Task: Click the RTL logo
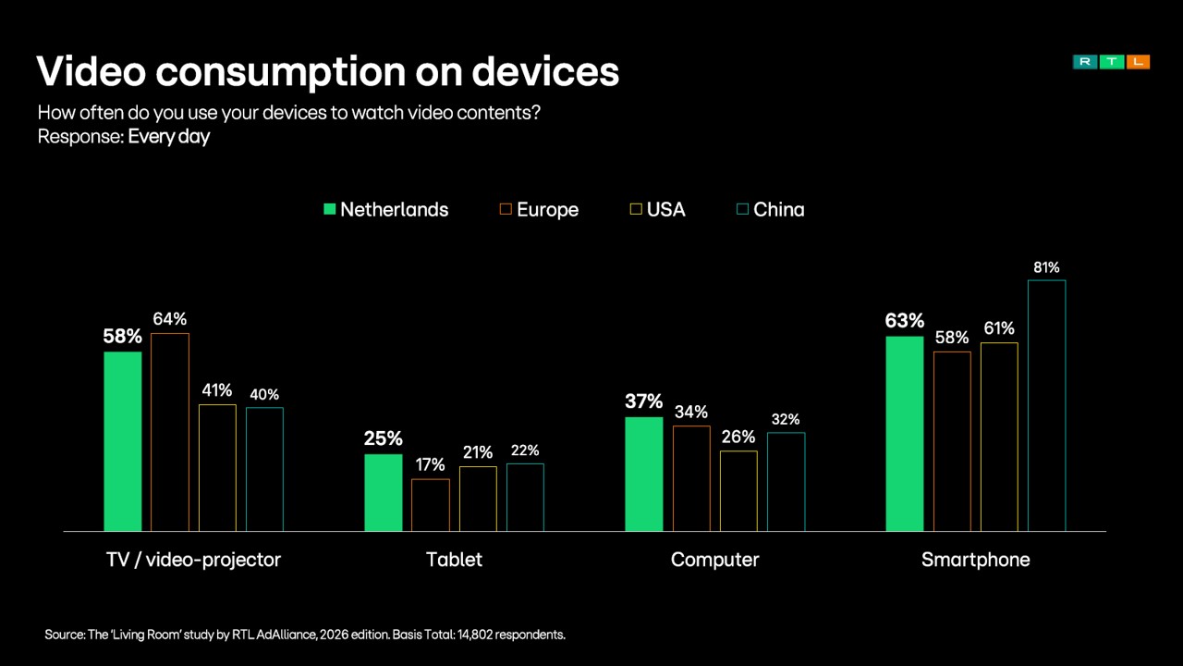click(1111, 62)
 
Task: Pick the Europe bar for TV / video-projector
click(170, 432)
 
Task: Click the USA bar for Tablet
click(478, 499)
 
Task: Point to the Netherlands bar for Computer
click(643, 474)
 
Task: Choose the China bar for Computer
click(786, 481)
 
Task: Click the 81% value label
click(1046, 268)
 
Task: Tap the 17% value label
click(431, 465)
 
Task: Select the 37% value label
click(643, 401)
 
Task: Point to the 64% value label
click(170, 319)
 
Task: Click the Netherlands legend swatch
click(329, 210)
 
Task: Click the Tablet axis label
click(454, 560)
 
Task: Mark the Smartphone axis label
click(975, 560)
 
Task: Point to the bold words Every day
click(169, 137)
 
